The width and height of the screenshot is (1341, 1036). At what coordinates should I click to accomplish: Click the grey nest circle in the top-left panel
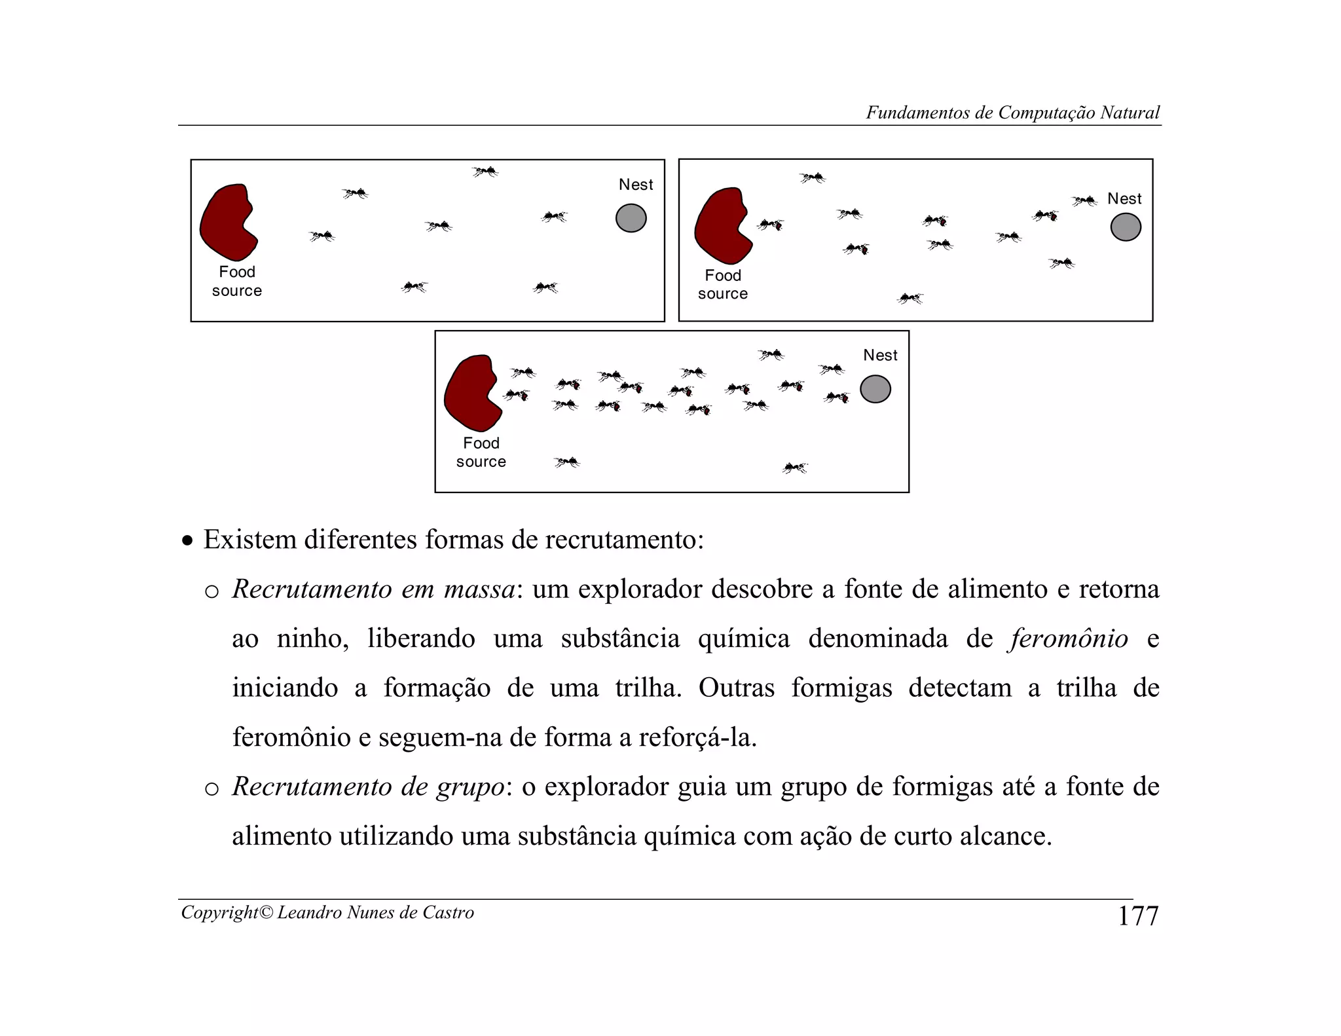click(x=631, y=218)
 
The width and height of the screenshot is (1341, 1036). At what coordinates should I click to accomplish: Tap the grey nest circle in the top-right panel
click(x=1126, y=227)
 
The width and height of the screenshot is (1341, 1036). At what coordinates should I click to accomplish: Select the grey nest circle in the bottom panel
click(x=875, y=389)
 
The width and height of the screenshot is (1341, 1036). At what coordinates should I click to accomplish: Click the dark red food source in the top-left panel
click(x=227, y=222)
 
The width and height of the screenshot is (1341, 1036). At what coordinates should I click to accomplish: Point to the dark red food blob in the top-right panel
click(x=722, y=225)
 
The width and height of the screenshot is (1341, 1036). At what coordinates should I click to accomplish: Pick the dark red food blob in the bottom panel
click(x=471, y=392)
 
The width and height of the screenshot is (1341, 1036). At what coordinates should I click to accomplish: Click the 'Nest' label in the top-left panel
click(x=636, y=185)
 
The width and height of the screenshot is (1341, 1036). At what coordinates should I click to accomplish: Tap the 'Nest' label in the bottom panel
click(x=880, y=355)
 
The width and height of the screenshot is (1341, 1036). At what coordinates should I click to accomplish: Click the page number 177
click(x=1138, y=916)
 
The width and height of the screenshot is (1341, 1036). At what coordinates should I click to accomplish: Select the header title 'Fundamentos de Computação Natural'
click(x=1012, y=113)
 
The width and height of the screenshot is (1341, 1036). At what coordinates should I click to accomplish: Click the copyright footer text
click(x=327, y=912)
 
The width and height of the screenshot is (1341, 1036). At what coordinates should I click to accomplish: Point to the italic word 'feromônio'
click(x=1069, y=638)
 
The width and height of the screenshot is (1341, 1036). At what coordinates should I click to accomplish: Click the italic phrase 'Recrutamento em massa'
click(x=374, y=589)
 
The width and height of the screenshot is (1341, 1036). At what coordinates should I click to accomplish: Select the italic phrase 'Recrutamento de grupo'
click(x=369, y=786)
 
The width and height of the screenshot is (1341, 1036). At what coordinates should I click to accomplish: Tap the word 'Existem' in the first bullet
click(x=249, y=540)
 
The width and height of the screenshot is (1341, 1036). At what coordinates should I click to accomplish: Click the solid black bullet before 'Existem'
click(x=188, y=542)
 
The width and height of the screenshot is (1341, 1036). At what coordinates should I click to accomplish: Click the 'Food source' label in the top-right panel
click(x=723, y=284)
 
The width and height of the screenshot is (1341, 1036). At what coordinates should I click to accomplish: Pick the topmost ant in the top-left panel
click(x=485, y=172)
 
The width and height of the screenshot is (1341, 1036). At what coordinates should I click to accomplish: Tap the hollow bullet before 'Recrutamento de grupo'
click(x=211, y=789)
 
